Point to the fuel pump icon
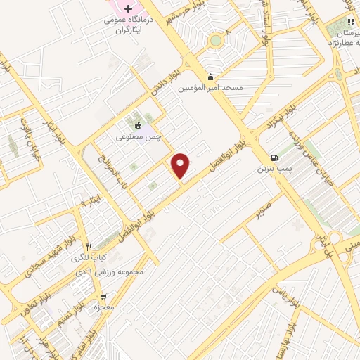tap(273, 157)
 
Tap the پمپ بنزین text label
tap(271, 169)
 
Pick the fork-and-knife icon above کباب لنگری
tap(89, 247)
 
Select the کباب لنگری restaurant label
tap(89, 258)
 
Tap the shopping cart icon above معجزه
tap(103, 297)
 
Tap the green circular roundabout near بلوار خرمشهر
tap(214, 40)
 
